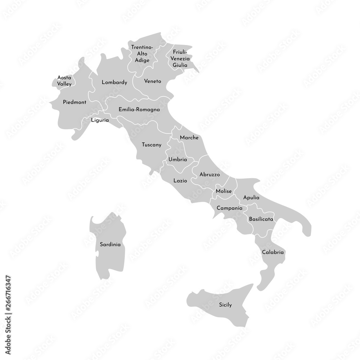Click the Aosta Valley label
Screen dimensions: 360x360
[x=64, y=81]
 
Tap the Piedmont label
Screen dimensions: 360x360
[x=75, y=102]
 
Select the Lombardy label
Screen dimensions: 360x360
[x=114, y=82]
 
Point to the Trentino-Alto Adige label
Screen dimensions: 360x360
[x=142, y=54]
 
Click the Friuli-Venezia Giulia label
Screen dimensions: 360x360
[x=180, y=58]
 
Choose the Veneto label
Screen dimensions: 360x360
[x=153, y=81]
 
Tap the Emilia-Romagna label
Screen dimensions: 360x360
[x=139, y=109]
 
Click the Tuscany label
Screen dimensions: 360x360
[x=151, y=145]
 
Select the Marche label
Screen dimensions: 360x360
[x=189, y=138]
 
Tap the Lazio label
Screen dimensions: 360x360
[x=180, y=181]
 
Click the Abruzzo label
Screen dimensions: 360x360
[x=210, y=174]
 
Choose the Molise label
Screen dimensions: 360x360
[x=224, y=191]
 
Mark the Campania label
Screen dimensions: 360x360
[x=229, y=208]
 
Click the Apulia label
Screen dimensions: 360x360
[x=251, y=198]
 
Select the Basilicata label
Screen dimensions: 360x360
[x=261, y=219]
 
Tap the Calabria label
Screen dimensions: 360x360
[x=273, y=252]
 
